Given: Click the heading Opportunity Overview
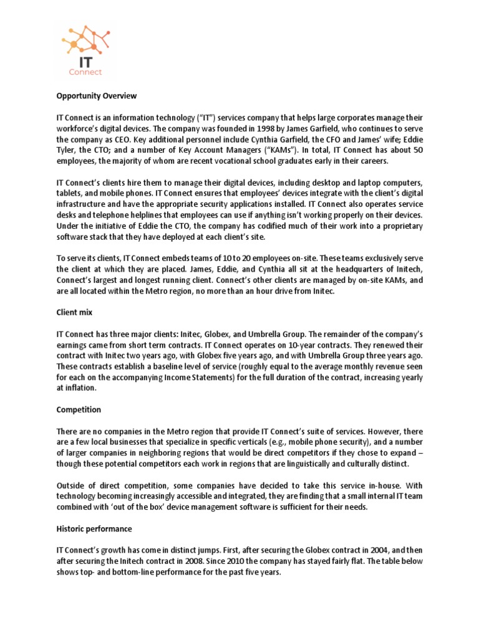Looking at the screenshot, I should (x=96, y=97).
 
